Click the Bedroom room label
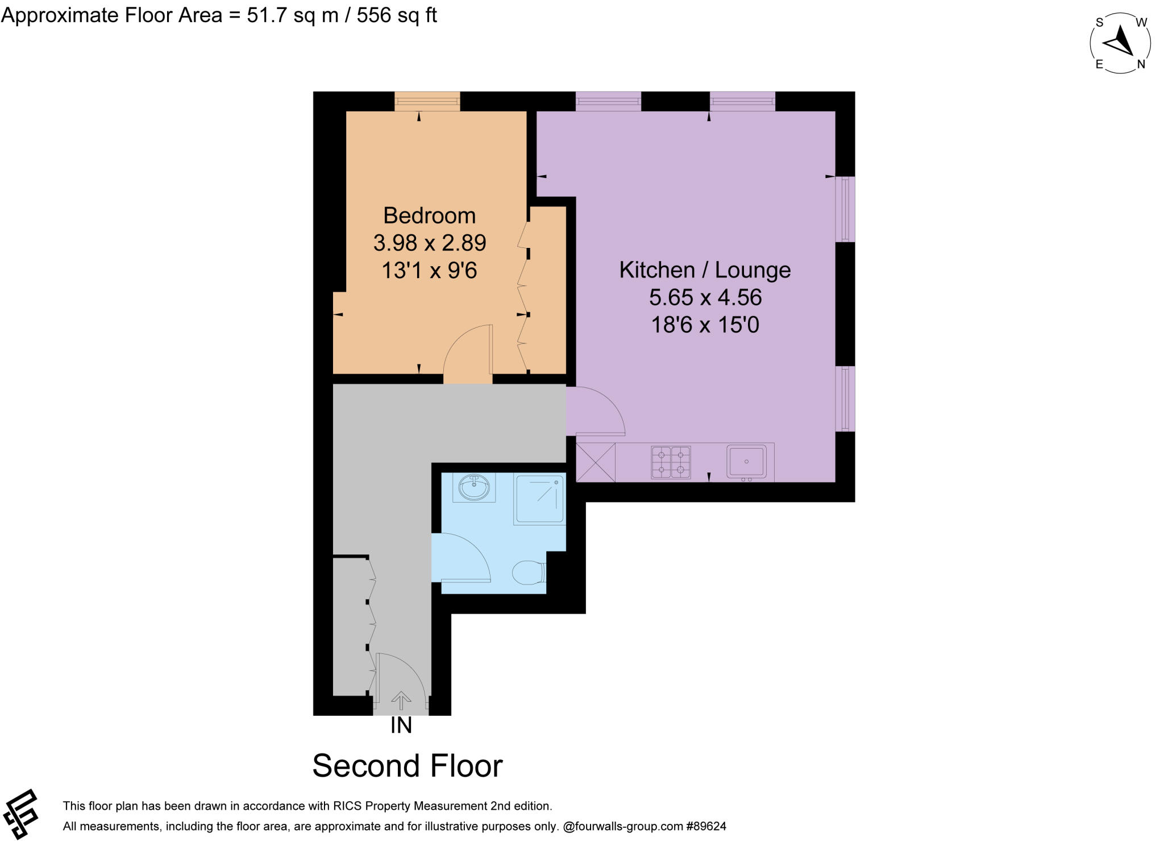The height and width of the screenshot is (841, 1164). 429,216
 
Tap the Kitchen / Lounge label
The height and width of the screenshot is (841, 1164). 705,270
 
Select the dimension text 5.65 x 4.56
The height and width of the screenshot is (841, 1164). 705,297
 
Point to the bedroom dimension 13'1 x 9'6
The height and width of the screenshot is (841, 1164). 429,271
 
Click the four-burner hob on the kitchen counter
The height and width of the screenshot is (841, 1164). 671,462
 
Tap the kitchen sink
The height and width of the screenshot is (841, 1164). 746,461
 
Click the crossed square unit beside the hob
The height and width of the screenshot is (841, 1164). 596,462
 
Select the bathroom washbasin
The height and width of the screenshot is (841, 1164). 474,487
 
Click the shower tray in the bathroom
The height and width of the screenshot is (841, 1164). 539,499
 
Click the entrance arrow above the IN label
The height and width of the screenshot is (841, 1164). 401,700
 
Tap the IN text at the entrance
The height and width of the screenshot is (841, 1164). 401,726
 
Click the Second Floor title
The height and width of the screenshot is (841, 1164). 408,766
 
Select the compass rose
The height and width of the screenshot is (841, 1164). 1120,43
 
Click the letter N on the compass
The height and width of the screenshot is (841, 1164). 1141,65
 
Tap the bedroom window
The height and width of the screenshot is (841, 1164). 427,102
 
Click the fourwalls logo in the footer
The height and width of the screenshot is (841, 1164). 21,814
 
